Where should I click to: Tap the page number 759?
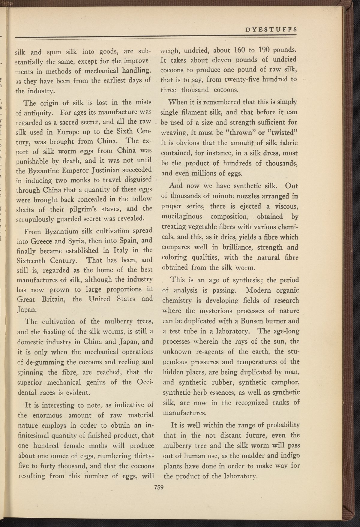[158, 487]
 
